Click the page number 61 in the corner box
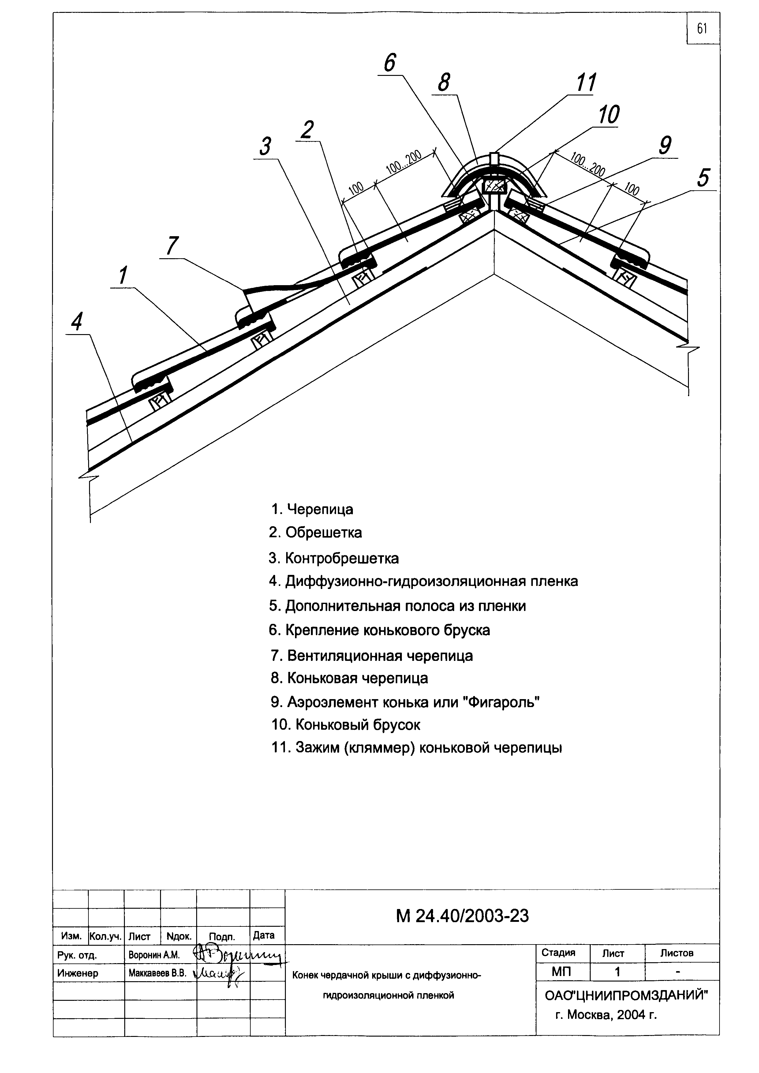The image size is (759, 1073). pyautogui.click(x=702, y=29)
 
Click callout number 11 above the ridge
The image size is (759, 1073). pyautogui.click(x=585, y=83)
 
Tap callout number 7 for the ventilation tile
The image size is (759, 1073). pyautogui.click(x=172, y=246)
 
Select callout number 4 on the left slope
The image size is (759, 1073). pyautogui.click(x=77, y=322)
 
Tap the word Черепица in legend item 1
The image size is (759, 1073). pyautogui.click(x=320, y=509)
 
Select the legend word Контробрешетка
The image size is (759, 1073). pyautogui.click(x=342, y=558)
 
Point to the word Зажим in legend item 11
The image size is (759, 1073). pyautogui.click(x=317, y=748)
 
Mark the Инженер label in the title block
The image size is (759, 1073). pyautogui.click(x=77, y=974)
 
